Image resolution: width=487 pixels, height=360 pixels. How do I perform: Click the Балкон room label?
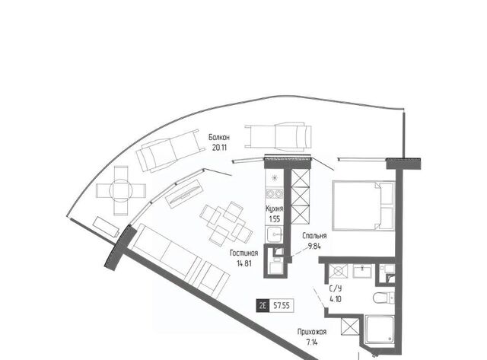pyautogui.click(x=219, y=137)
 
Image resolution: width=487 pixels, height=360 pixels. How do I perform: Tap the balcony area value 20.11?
pyautogui.click(x=219, y=147)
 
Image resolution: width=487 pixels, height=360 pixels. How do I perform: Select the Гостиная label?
pyautogui.click(x=243, y=253)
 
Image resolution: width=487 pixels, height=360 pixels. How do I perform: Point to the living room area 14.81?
pyautogui.click(x=244, y=263)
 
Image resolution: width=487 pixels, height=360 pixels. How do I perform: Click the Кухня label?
pyautogui.click(x=275, y=209)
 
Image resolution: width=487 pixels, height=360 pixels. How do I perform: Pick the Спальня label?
pyautogui.click(x=314, y=236)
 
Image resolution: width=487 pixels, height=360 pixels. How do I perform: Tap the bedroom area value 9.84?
pyautogui.click(x=314, y=247)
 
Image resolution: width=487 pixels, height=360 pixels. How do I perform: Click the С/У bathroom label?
pyautogui.click(x=336, y=288)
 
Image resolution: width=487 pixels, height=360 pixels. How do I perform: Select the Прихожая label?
pyautogui.click(x=312, y=332)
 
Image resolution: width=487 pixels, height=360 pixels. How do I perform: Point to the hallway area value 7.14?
pyautogui.click(x=312, y=342)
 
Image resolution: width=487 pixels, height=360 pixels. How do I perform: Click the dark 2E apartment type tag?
pyautogui.click(x=263, y=306)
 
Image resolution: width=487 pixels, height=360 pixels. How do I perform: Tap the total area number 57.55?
pyautogui.click(x=282, y=306)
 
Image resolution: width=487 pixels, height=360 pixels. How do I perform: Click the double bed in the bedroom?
pyautogui.click(x=364, y=206)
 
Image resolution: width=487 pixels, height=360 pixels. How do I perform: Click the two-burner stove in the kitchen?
pyautogui.click(x=275, y=194)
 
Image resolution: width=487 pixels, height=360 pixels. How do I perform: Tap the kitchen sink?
pyautogui.click(x=275, y=234)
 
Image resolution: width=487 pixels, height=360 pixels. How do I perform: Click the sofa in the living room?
pyautogui.click(x=181, y=260)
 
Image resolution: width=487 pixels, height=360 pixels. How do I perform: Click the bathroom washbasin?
pyautogui.click(x=362, y=271)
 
